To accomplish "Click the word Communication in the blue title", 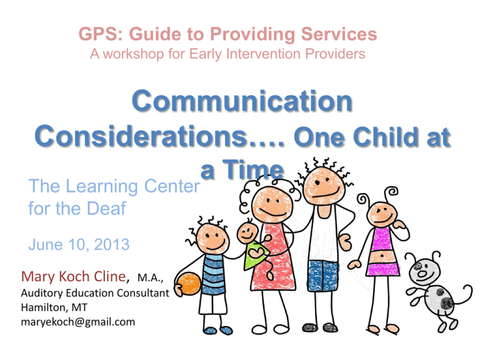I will (x=239, y=102).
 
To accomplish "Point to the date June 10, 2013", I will (x=79, y=245).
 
